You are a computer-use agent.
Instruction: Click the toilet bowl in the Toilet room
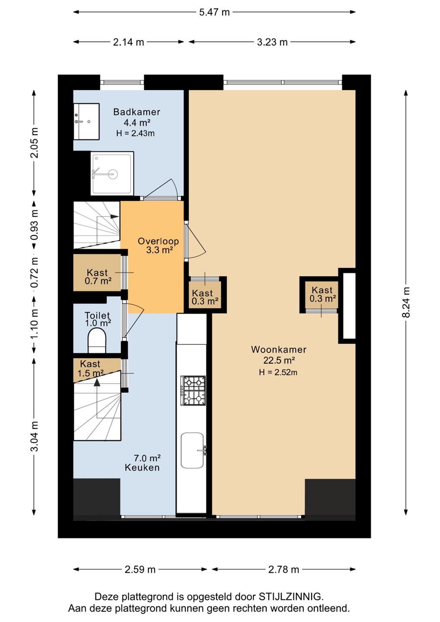[x=97, y=340]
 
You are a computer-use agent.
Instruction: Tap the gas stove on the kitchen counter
[x=193, y=390]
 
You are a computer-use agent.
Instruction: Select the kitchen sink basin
[x=192, y=451]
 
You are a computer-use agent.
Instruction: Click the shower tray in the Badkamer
[x=112, y=173]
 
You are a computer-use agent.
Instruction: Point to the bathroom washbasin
[x=86, y=121]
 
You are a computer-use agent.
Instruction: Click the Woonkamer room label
[x=279, y=349]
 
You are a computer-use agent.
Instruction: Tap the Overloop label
[x=158, y=241]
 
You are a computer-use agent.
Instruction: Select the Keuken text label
[x=142, y=468]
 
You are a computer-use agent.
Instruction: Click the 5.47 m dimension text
[x=214, y=12]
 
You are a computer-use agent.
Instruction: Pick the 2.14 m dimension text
[x=129, y=42]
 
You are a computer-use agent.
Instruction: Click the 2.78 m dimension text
[x=284, y=569]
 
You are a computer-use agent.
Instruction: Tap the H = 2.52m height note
[x=278, y=372]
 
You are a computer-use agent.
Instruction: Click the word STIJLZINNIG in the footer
[x=291, y=597]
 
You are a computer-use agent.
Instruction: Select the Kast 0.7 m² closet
[x=97, y=273]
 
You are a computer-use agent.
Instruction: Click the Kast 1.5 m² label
[x=91, y=368]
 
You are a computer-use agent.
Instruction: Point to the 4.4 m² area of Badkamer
[x=137, y=123]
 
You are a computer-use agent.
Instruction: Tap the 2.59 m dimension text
[x=140, y=569]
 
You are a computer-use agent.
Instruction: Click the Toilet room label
[x=97, y=315]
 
